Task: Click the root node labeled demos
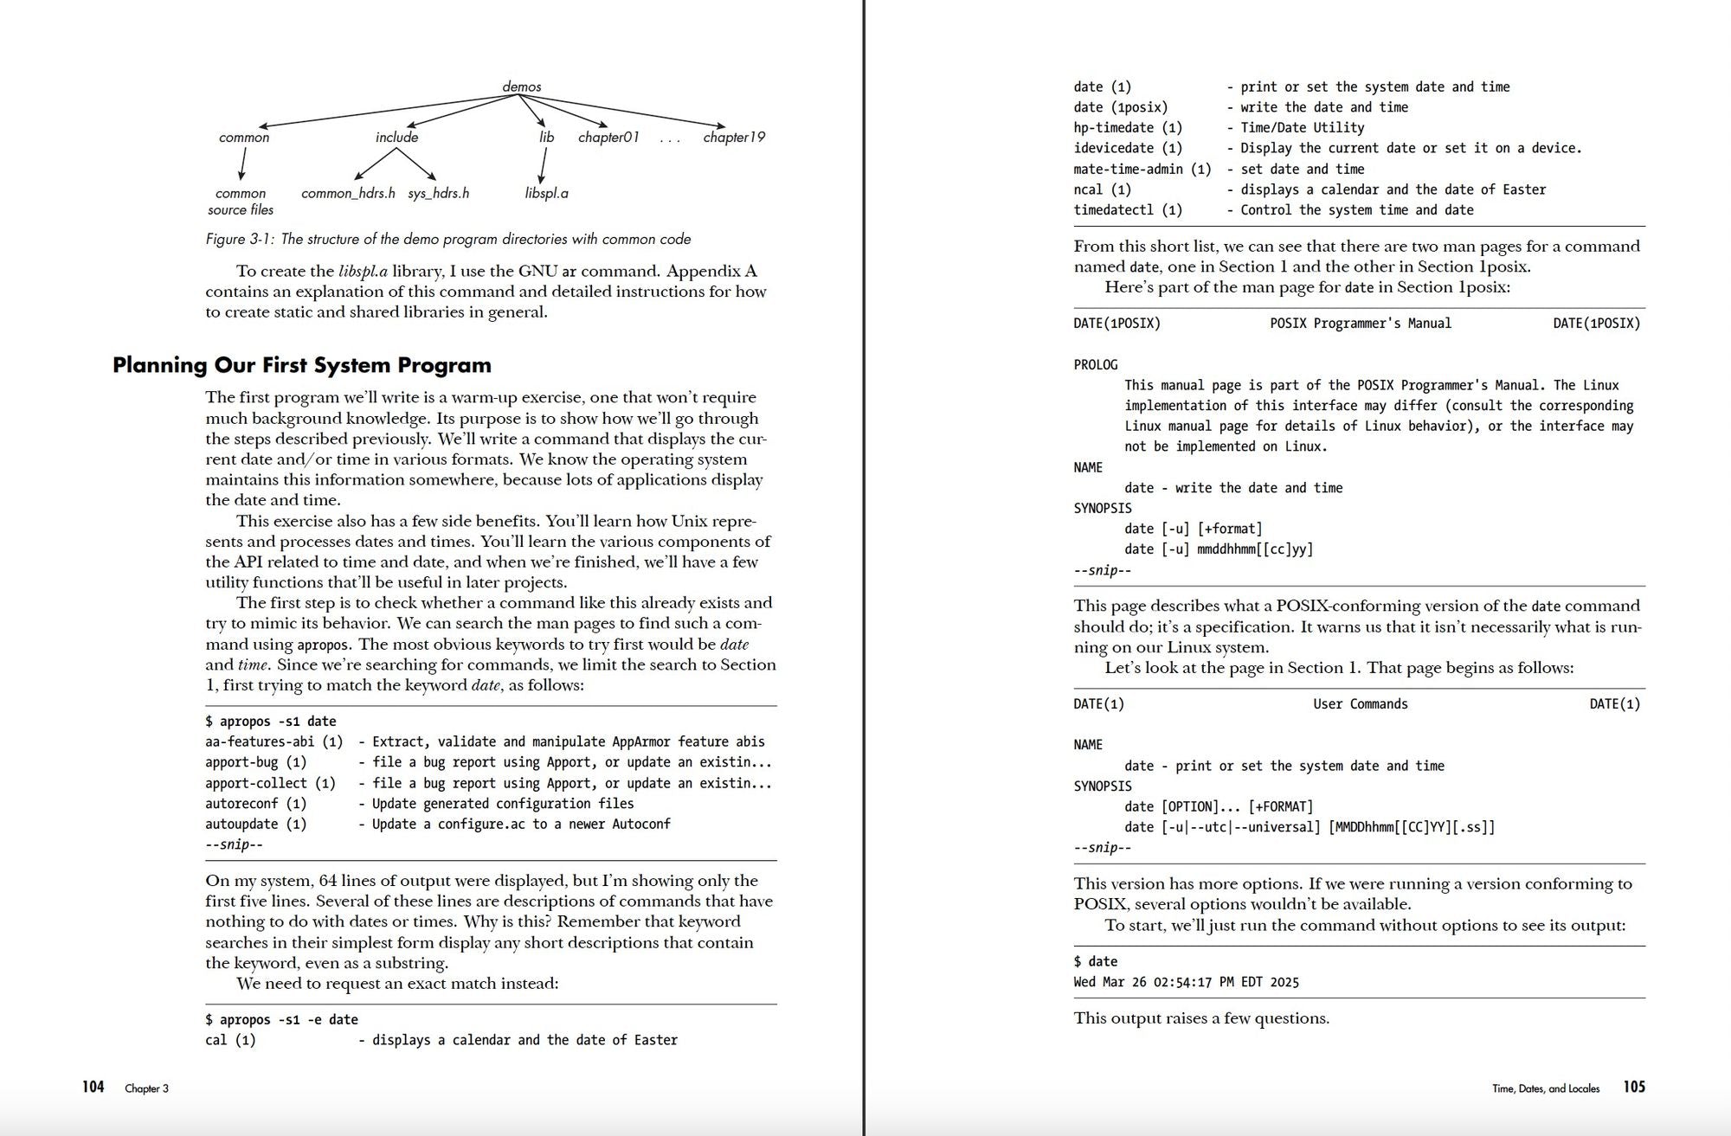[522, 87]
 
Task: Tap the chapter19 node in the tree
[733, 137]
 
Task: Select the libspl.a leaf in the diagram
[546, 193]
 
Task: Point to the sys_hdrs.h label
[438, 193]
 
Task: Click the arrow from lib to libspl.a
[543, 164]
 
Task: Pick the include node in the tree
[396, 137]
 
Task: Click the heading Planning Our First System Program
[301, 365]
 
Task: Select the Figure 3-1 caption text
[447, 239]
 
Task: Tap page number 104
[93, 1087]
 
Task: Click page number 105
[1634, 1087]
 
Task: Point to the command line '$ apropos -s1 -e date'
[281, 1019]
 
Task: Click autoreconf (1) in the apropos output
[255, 804]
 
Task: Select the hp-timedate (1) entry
[1127, 128]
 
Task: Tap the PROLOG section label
[1095, 365]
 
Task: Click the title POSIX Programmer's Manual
[1360, 324]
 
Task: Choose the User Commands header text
[1360, 704]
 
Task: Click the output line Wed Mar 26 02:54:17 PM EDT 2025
[1186, 982]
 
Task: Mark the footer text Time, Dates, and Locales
[1545, 1088]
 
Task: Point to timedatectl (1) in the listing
[1127, 210]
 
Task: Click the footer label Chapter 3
[146, 1088]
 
